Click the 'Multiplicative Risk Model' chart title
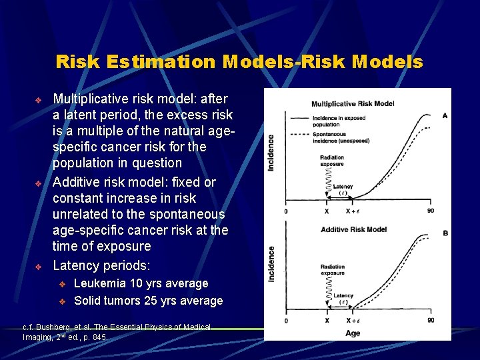pyautogui.click(x=353, y=103)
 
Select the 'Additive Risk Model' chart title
pyautogui.click(x=353, y=229)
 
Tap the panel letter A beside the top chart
pyautogui.click(x=445, y=115)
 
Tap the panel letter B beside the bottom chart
pyautogui.click(x=445, y=233)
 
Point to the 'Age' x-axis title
pyautogui.click(x=353, y=333)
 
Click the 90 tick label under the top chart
pyautogui.click(x=430, y=211)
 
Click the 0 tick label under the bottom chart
pyautogui.click(x=286, y=321)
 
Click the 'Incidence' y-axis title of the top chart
pyautogui.click(x=271, y=152)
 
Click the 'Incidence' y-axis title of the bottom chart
pyautogui.click(x=271, y=263)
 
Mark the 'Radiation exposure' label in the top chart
pyautogui.click(x=332, y=161)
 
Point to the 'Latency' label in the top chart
pyautogui.click(x=343, y=187)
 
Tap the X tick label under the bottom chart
pyautogui.click(x=327, y=321)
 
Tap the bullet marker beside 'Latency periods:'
pyautogui.click(x=38, y=267)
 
